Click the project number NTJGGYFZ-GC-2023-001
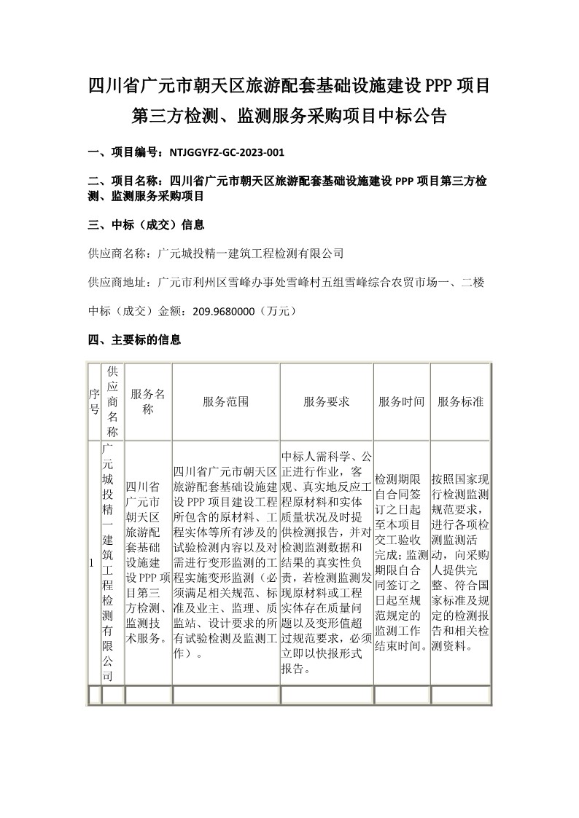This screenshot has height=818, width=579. (x=226, y=153)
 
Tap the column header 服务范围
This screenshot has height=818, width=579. (x=226, y=401)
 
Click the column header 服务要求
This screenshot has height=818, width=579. (x=326, y=401)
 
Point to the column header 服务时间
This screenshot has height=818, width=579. (x=401, y=401)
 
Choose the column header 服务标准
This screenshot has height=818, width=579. (x=460, y=401)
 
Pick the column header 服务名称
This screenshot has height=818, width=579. (x=148, y=401)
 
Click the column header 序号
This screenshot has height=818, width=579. (x=94, y=401)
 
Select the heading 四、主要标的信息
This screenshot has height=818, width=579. (x=134, y=339)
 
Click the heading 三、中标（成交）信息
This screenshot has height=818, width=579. (x=146, y=224)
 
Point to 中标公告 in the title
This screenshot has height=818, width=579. (x=416, y=116)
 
